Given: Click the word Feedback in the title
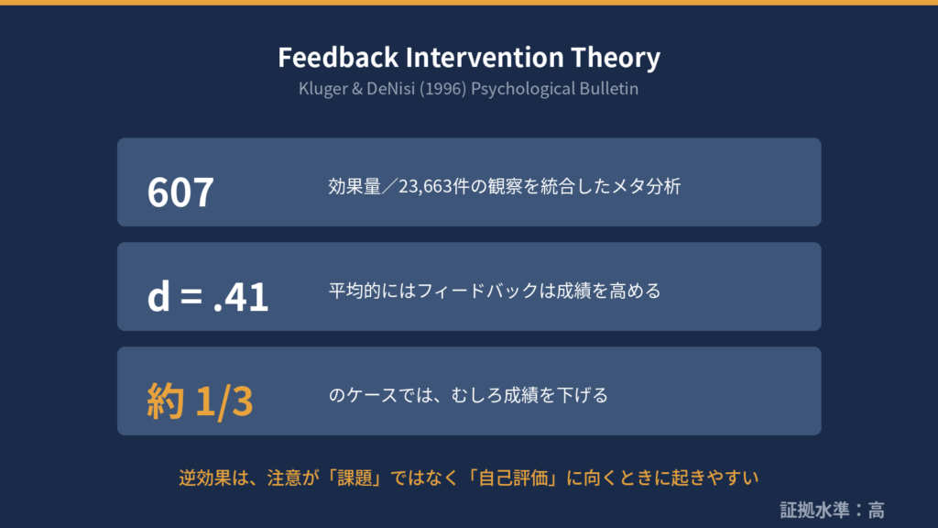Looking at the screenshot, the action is (x=338, y=58).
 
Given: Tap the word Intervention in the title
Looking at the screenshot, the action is (x=485, y=58).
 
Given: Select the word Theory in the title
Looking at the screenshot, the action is (x=616, y=59).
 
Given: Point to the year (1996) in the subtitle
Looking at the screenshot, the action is (x=442, y=89).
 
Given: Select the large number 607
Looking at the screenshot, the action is (x=180, y=192).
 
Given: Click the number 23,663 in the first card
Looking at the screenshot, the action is (x=425, y=187).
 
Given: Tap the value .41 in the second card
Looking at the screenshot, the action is (x=241, y=296).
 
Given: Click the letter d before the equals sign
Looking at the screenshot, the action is (x=158, y=295).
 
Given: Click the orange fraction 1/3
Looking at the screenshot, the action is (x=224, y=401).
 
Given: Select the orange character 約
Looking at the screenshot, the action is (x=165, y=401).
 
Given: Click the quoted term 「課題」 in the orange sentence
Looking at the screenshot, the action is (x=354, y=478).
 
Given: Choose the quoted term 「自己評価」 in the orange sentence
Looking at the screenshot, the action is (x=513, y=478).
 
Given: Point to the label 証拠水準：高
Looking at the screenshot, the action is (x=832, y=510).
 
